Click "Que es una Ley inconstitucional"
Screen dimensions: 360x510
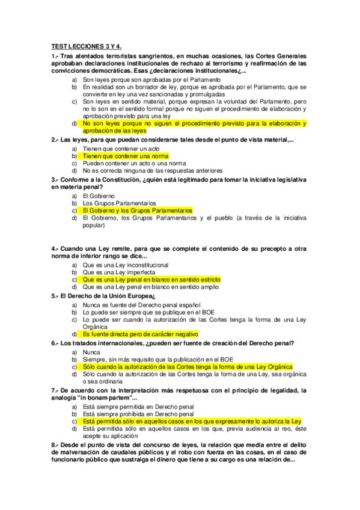pyautogui.click(x=126, y=265)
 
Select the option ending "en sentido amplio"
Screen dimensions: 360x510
pyautogui.click(x=150, y=287)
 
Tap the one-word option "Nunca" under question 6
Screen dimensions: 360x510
pyautogui.click(x=92, y=352)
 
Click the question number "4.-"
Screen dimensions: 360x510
pyautogui.click(x=55, y=248)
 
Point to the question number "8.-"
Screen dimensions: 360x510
pyautogui.click(x=55, y=444)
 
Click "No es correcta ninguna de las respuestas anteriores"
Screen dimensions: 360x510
pyautogui.click(x=153, y=170)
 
